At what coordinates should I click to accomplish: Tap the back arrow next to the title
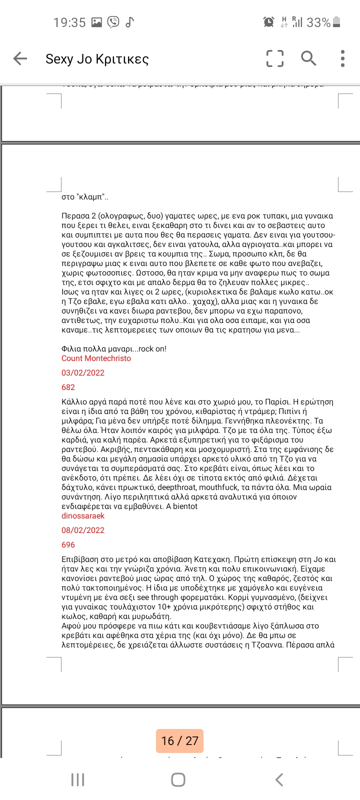point(20,58)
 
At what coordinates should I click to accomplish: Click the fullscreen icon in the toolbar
point(274,58)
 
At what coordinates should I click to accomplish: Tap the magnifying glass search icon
point(308,58)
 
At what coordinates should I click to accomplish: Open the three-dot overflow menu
point(342,58)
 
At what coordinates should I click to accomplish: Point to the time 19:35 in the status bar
point(69,22)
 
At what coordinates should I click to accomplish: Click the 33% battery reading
point(318,22)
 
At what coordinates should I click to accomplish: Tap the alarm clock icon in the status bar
point(268,22)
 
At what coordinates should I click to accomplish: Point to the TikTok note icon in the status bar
point(129,22)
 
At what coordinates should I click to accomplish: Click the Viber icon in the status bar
point(113,22)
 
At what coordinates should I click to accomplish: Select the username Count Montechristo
point(96,358)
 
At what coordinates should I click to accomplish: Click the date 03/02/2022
point(83,373)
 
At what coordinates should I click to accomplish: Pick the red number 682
point(68,387)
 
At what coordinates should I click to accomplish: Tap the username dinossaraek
point(83,516)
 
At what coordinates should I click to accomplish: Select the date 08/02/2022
point(83,530)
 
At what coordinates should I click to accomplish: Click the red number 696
point(68,545)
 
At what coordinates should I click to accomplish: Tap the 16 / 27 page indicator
point(180,741)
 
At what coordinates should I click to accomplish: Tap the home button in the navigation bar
point(178,779)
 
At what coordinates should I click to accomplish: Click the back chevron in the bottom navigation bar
point(279,779)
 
